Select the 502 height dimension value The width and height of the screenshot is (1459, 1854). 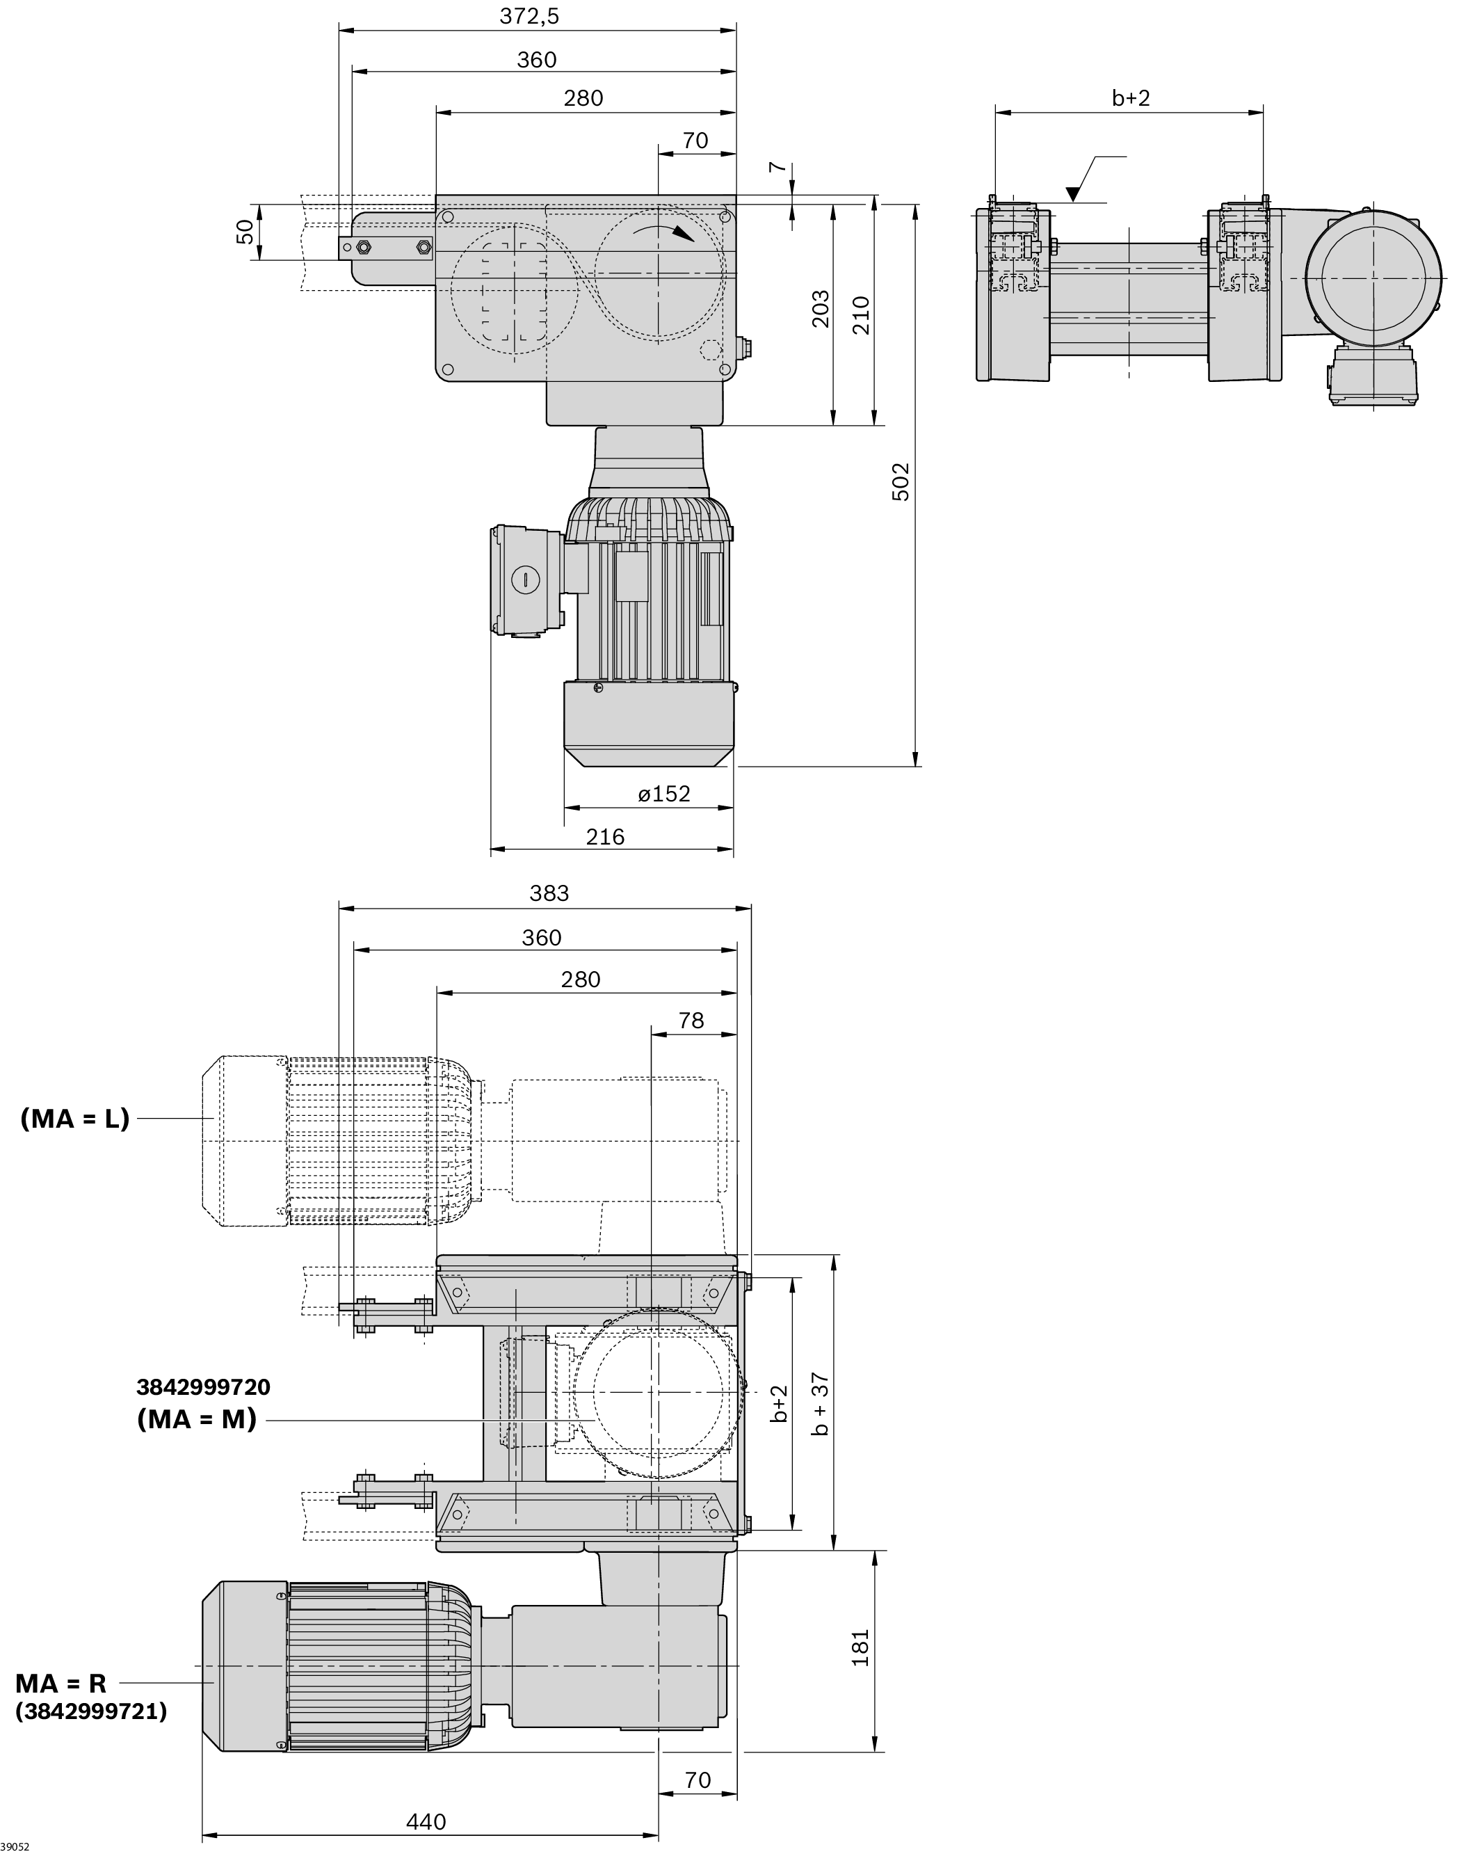pos(901,482)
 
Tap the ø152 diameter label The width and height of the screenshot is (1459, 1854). pos(663,794)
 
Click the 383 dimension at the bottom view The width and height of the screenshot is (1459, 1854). pos(549,894)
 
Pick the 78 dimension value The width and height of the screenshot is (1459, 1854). pos(691,1021)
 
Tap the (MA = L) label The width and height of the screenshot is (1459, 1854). pos(75,1119)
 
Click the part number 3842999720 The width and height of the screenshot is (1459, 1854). pos(203,1386)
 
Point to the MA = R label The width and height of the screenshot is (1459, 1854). pos(61,1683)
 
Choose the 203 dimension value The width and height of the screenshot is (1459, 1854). pos(820,310)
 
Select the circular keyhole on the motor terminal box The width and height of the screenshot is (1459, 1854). pos(526,580)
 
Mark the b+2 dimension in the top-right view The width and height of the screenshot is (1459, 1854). pos(1131,98)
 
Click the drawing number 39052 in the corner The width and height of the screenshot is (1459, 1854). pos(15,1847)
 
